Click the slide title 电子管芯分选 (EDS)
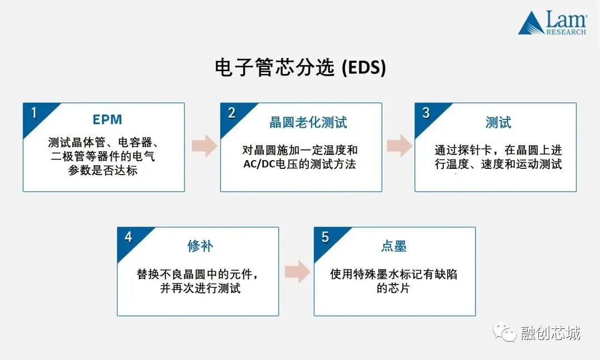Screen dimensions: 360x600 [x=300, y=68]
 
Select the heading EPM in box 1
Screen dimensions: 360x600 [x=107, y=120]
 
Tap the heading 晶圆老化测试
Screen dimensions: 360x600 [x=308, y=122]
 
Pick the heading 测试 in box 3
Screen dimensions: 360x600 [x=498, y=122]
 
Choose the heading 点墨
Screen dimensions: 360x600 [x=394, y=246]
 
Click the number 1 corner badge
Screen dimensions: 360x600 [x=33, y=113]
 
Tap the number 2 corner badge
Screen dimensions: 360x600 [x=231, y=113]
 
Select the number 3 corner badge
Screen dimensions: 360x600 [x=426, y=113]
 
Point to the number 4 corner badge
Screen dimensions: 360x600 [x=128, y=237]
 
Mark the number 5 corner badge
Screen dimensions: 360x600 [x=325, y=237]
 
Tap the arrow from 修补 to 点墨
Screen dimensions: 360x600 [x=297, y=271]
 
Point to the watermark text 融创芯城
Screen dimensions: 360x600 [x=551, y=333]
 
